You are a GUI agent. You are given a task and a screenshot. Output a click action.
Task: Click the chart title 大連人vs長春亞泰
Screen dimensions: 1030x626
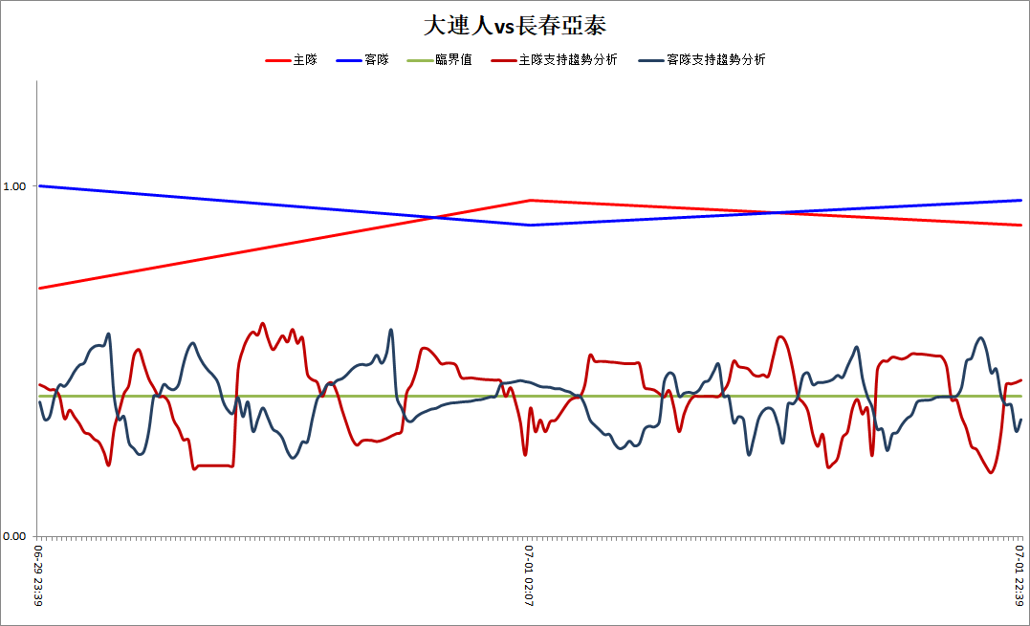(x=515, y=26)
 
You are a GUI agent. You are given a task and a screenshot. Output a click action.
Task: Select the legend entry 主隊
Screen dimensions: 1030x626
(x=305, y=59)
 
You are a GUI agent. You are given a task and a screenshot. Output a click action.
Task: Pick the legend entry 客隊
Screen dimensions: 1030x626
(x=377, y=59)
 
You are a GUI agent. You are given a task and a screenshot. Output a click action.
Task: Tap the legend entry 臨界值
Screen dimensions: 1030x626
(x=453, y=59)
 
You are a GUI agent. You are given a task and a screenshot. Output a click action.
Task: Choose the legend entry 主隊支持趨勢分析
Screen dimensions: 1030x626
(x=568, y=59)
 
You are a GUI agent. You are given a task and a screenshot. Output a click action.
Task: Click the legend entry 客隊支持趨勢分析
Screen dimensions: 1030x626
(x=716, y=59)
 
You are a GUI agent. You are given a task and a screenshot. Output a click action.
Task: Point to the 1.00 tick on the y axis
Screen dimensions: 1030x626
(x=14, y=186)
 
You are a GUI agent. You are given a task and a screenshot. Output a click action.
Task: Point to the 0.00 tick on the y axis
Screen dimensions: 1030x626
(x=14, y=536)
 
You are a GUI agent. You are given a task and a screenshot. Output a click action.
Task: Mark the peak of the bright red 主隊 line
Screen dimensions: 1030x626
(x=530, y=200)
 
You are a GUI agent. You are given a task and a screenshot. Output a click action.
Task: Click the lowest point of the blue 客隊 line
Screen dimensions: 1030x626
(x=530, y=225)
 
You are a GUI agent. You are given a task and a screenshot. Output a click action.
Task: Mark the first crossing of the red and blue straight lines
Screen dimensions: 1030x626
(x=434, y=217)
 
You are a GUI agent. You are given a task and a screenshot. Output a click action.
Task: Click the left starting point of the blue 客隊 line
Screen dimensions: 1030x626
(x=39, y=185)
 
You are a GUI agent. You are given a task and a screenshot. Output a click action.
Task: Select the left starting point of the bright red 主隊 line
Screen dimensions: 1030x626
(x=39, y=288)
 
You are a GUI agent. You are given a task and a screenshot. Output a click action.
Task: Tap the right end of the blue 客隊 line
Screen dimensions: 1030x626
(x=1021, y=200)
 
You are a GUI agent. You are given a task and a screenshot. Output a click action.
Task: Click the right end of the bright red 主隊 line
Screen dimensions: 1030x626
(x=1021, y=225)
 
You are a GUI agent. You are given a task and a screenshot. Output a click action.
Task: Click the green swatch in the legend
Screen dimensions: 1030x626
(x=420, y=60)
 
